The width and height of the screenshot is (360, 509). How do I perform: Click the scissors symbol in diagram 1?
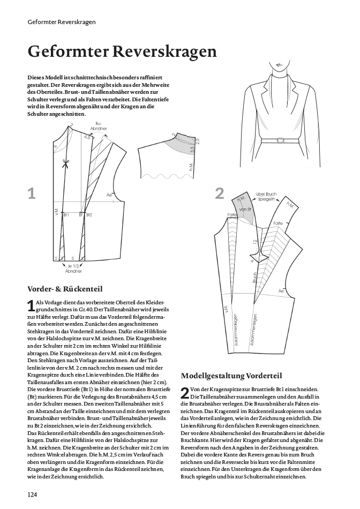coord(66,164)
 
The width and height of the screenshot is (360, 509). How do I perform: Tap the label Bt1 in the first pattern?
coord(66,215)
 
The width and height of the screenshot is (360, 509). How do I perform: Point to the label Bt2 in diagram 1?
coord(89,215)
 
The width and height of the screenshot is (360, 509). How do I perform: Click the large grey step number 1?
coord(32,193)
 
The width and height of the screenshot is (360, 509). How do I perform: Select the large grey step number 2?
coord(219,193)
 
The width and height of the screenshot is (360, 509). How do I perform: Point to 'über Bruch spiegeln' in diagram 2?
coord(266,196)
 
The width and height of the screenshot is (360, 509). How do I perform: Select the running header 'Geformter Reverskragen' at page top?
coord(62,22)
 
